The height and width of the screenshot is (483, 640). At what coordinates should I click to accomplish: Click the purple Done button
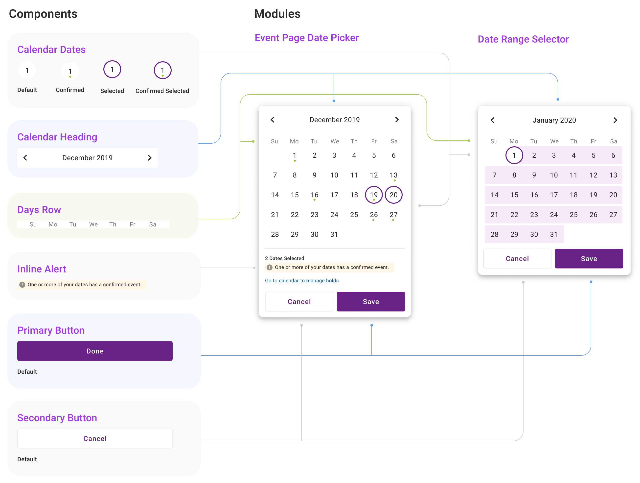point(95,351)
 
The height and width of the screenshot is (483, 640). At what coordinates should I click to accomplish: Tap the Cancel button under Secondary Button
point(95,439)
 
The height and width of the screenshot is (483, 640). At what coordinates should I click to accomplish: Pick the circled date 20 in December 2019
point(393,195)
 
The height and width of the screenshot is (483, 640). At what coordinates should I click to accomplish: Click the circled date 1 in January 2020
point(514,155)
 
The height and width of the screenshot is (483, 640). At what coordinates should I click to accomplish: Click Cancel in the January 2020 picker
point(517,259)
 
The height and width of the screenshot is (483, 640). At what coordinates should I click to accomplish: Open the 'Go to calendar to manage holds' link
point(302,281)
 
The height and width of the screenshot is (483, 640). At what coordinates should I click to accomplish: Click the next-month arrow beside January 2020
point(615,120)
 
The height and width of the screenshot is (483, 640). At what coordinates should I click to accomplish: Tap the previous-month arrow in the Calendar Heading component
point(25,158)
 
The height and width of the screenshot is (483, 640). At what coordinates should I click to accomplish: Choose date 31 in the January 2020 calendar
point(553,234)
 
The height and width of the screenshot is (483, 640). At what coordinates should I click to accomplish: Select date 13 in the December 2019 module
point(393,175)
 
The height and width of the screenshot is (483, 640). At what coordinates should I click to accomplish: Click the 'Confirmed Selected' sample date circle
point(163,70)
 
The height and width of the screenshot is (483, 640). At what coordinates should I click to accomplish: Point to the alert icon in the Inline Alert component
point(22,285)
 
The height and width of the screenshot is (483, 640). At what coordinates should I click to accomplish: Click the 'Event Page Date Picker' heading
point(307,38)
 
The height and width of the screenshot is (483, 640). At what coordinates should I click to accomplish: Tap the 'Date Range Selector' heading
point(523,39)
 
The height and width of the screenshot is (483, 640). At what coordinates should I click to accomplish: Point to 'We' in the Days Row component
point(93,224)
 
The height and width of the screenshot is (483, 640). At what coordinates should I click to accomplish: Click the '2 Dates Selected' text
point(284,258)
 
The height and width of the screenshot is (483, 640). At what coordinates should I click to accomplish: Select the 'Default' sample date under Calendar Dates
point(27,70)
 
